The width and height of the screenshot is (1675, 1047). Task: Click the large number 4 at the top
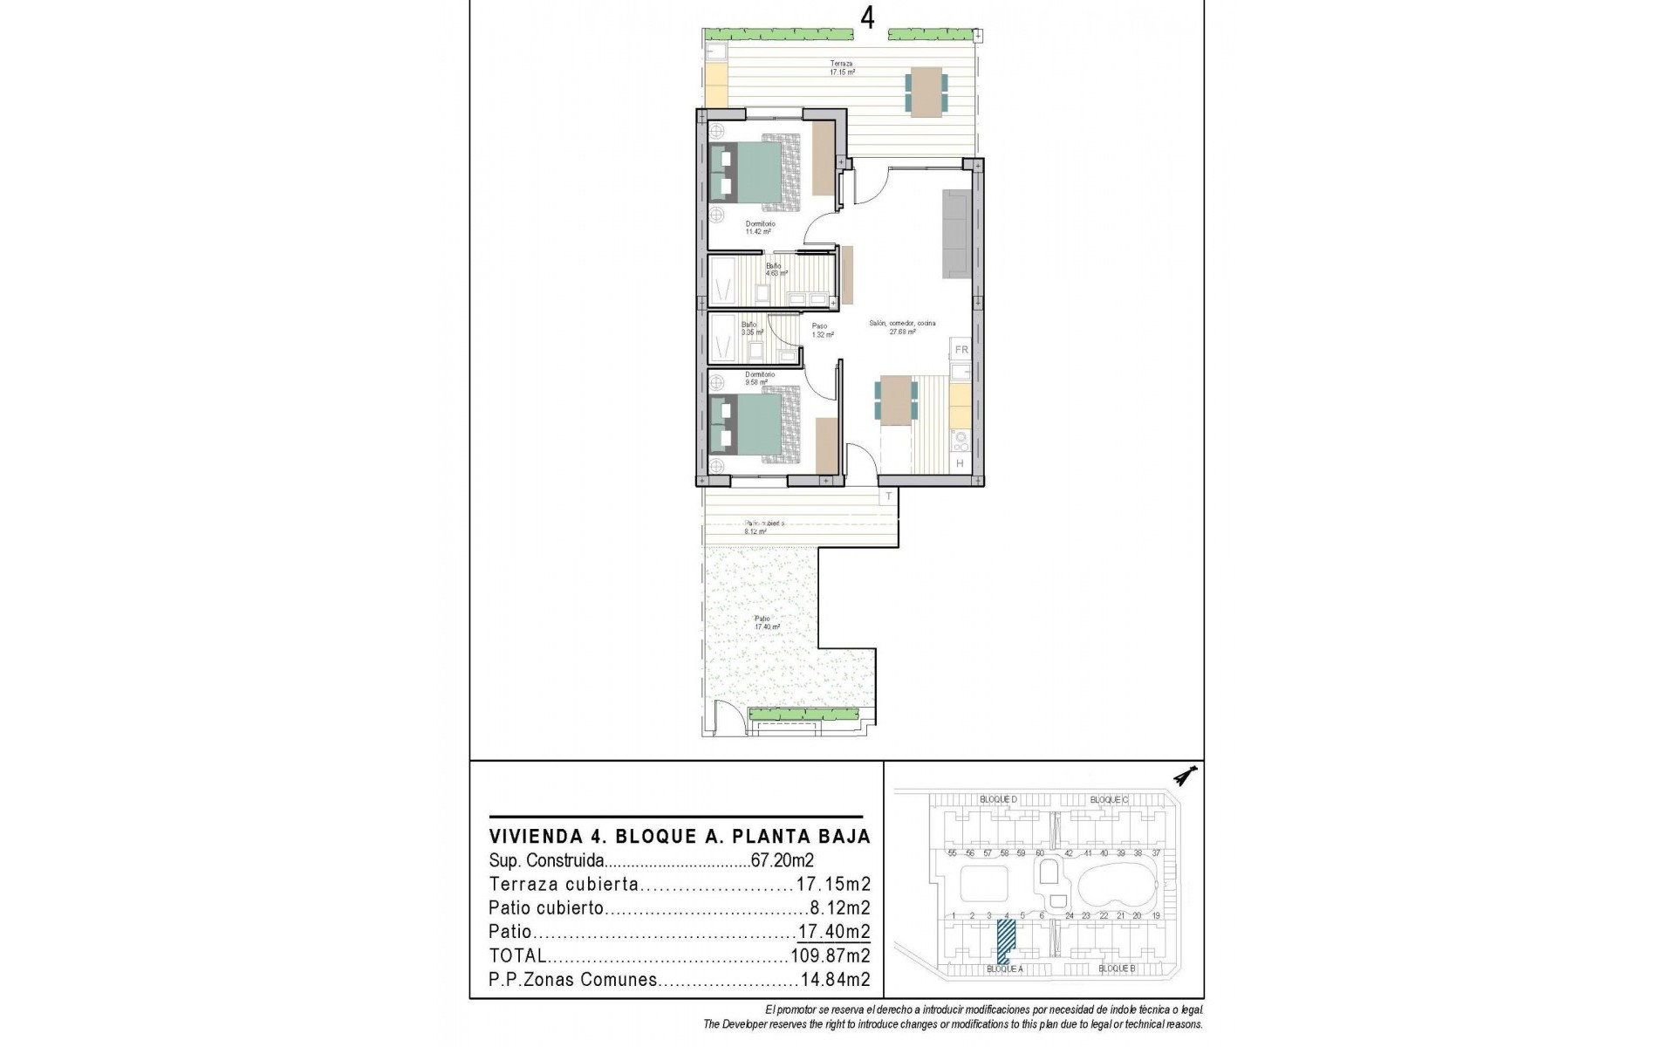point(867,17)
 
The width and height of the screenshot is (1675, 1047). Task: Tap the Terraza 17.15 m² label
point(842,68)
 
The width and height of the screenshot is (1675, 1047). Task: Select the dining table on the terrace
point(928,91)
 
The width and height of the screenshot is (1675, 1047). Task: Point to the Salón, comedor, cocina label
point(901,327)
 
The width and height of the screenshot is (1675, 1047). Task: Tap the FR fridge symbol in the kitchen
point(961,350)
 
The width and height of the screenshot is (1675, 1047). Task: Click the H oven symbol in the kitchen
point(960,464)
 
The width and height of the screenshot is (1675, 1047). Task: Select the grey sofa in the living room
point(957,234)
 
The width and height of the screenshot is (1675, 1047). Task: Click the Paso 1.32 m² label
point(818,330)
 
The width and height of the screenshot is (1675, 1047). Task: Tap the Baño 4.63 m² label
point(776,269)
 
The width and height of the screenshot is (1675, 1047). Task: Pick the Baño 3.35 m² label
point(752,328)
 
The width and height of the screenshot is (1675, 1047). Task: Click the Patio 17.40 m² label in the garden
point(767,622)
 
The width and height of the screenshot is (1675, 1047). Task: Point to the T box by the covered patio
point(889,496)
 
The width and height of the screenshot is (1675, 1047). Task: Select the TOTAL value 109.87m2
point(830,955)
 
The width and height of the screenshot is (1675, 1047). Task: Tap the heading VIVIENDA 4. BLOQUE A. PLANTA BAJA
point(680,837)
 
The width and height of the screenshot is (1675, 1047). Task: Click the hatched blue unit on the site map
point(1007,943)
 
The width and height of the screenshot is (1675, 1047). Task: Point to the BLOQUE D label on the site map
point(998,799)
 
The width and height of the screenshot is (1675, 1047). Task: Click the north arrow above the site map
point(1186,775)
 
